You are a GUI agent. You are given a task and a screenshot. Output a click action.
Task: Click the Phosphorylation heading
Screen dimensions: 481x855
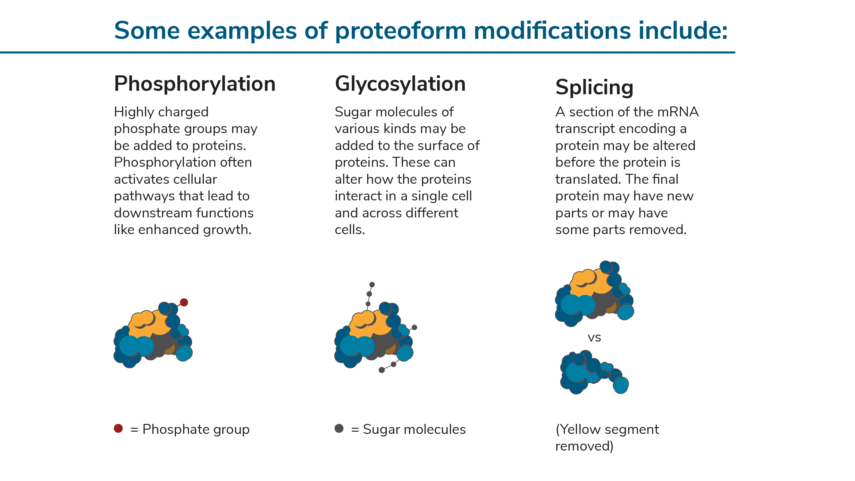(x=195, y=84)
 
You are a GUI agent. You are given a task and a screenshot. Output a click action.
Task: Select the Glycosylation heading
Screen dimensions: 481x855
(x=400, y=84)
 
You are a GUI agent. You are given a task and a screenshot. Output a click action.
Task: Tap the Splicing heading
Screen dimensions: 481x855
(x=594, y=87)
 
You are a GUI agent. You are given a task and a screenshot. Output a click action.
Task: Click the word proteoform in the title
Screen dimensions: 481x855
(x=400, y=30)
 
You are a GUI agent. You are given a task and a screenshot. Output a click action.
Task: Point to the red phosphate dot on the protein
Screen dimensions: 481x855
(x=184, y=302)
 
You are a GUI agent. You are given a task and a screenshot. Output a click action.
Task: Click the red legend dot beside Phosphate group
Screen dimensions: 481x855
(x=119, y=428)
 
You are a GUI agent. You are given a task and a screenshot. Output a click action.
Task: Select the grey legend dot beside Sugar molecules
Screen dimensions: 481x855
(x=339, y=428)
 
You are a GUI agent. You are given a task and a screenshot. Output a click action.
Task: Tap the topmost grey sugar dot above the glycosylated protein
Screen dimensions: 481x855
(x=372, y=285)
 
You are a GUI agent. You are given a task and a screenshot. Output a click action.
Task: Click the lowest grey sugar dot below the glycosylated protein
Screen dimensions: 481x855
(x=382, y=370)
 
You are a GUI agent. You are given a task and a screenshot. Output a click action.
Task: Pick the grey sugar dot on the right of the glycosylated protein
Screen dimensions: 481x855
(x=414, y=328)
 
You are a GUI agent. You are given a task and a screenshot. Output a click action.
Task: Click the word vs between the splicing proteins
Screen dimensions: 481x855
(x=594, y=338)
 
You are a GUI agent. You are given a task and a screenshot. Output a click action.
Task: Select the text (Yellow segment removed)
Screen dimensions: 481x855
(x=607, y=437)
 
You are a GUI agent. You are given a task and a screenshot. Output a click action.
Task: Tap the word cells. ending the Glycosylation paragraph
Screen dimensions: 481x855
(x=349, y=230)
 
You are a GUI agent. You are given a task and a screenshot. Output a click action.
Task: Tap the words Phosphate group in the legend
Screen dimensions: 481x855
(x=196, y=429)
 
